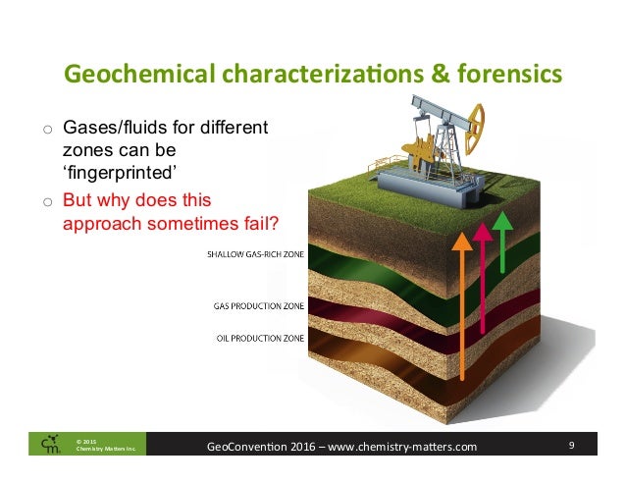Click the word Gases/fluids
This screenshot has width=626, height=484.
coord(115,128)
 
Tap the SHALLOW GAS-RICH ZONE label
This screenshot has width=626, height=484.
coord(255,256)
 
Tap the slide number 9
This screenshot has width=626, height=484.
coord(571,448)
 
